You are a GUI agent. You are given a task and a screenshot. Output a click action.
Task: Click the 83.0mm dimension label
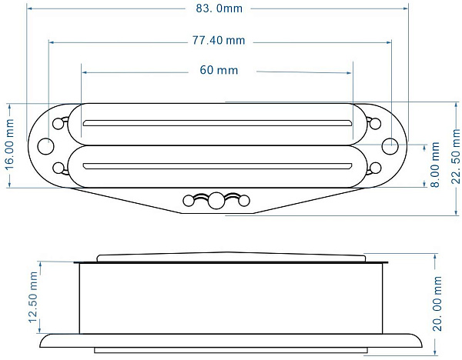tap(219, 8)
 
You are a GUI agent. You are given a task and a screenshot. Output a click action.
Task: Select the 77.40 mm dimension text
tap(219, 40)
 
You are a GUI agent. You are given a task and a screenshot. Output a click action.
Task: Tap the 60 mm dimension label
tap(219, 70)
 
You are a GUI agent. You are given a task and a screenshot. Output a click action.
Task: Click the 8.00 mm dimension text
tap(435, 165)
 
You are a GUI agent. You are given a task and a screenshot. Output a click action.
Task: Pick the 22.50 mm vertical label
tap(456, 156)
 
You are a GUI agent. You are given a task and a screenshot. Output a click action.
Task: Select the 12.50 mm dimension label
tap(33, 297)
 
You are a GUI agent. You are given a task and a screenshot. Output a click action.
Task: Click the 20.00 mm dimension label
tap(437, 304)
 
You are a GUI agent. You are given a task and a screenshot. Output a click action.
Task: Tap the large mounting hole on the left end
tap(46, 146)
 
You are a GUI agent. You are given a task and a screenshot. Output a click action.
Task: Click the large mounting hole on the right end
tap(390, 146)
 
